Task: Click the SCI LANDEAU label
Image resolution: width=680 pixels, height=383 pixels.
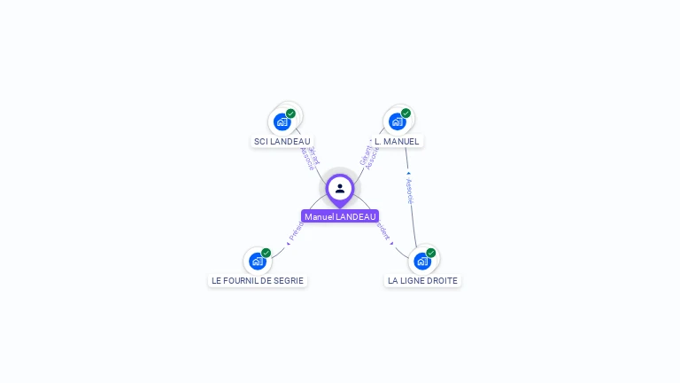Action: (x=282, y=141)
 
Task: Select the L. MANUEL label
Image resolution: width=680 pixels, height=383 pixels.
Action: (x=397, y=141)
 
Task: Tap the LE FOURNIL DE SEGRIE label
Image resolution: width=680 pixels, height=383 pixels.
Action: (x=258, y=280)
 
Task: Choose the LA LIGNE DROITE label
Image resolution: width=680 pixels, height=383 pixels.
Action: (x=422, y=280)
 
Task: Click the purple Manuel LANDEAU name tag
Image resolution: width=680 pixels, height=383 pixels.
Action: (x=340, y=216)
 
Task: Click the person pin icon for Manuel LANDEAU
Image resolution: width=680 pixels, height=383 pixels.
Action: (x=340, y=188)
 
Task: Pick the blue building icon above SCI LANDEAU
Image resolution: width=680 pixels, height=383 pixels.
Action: (x=282, y=121)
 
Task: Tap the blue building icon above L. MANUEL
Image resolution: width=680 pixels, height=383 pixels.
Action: (x=397, y=121)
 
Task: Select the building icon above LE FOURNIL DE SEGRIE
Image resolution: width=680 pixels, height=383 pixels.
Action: (x=257, y=262)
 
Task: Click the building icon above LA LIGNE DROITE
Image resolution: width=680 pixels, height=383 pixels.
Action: (x=421, y=262)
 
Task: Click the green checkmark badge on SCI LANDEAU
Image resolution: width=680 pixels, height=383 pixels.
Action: (x=290, y=113)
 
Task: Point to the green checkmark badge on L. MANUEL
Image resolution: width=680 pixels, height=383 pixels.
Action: (x=406, y=113)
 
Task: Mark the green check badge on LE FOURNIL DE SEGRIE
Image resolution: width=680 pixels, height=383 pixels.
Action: (x=266, y=253)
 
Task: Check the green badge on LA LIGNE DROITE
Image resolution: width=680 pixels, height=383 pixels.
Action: (x=430, y=253)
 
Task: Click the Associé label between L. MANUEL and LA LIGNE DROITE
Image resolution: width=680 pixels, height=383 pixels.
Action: (x=410, y=191)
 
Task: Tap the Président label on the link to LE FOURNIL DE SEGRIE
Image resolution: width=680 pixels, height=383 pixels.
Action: (x=296, y=231)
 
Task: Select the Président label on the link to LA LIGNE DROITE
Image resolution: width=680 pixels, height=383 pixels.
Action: (x=383, y=231)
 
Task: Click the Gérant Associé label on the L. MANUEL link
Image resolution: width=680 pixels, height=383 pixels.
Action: (x=369, y=152)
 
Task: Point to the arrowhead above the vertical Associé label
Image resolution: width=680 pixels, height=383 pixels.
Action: (x=408, y=173)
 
